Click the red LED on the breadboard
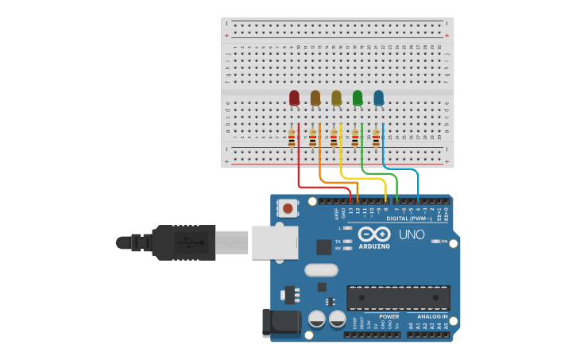point(294,98)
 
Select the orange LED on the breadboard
point(315,98)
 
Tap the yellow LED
point(336,98)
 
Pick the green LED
point(358,98)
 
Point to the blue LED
point(378,98)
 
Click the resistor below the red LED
point(292,138)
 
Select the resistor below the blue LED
point(376,138)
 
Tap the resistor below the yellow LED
point(334,138)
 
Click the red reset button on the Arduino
point(288,209)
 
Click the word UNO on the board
point(412,234)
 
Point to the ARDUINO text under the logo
point(374,246)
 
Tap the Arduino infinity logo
point(374,234)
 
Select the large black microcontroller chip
point(398,297)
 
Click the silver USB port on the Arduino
point(275,242)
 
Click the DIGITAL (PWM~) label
point(409,218)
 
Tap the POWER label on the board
point(389,316)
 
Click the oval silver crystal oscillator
point(321,269)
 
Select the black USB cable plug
point(184,242)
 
